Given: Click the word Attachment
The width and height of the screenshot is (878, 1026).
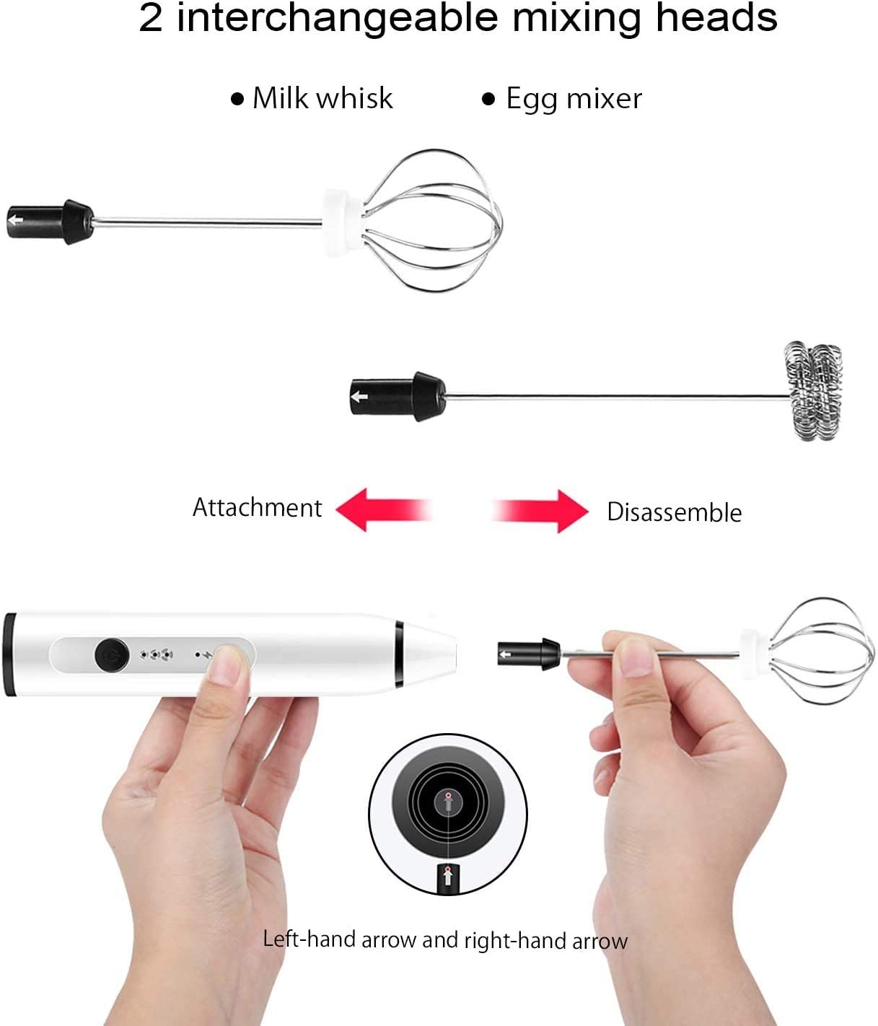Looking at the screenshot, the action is tap(257, 507).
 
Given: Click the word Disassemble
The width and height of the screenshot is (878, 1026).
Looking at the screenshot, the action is tap(674, 512).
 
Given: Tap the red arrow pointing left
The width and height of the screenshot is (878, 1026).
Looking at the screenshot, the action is tap(383, 510).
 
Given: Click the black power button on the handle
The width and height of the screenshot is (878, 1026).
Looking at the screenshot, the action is tap(112, 654).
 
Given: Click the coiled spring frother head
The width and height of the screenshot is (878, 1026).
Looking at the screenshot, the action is tap(813, 391).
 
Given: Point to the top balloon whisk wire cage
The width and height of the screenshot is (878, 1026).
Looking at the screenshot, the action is tap(431, 220).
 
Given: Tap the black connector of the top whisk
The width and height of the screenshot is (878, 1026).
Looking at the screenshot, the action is tap(50, 222).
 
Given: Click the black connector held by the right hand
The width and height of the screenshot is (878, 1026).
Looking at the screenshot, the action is tap(529, 654).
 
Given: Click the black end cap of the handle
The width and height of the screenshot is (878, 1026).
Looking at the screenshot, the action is tap(9, 654).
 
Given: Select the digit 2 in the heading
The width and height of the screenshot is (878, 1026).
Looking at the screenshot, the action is tap(150, 18).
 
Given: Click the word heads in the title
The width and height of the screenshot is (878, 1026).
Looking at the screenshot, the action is tap(716, 17).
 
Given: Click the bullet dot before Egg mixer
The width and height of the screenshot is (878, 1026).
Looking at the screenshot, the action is tap(489, 99).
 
